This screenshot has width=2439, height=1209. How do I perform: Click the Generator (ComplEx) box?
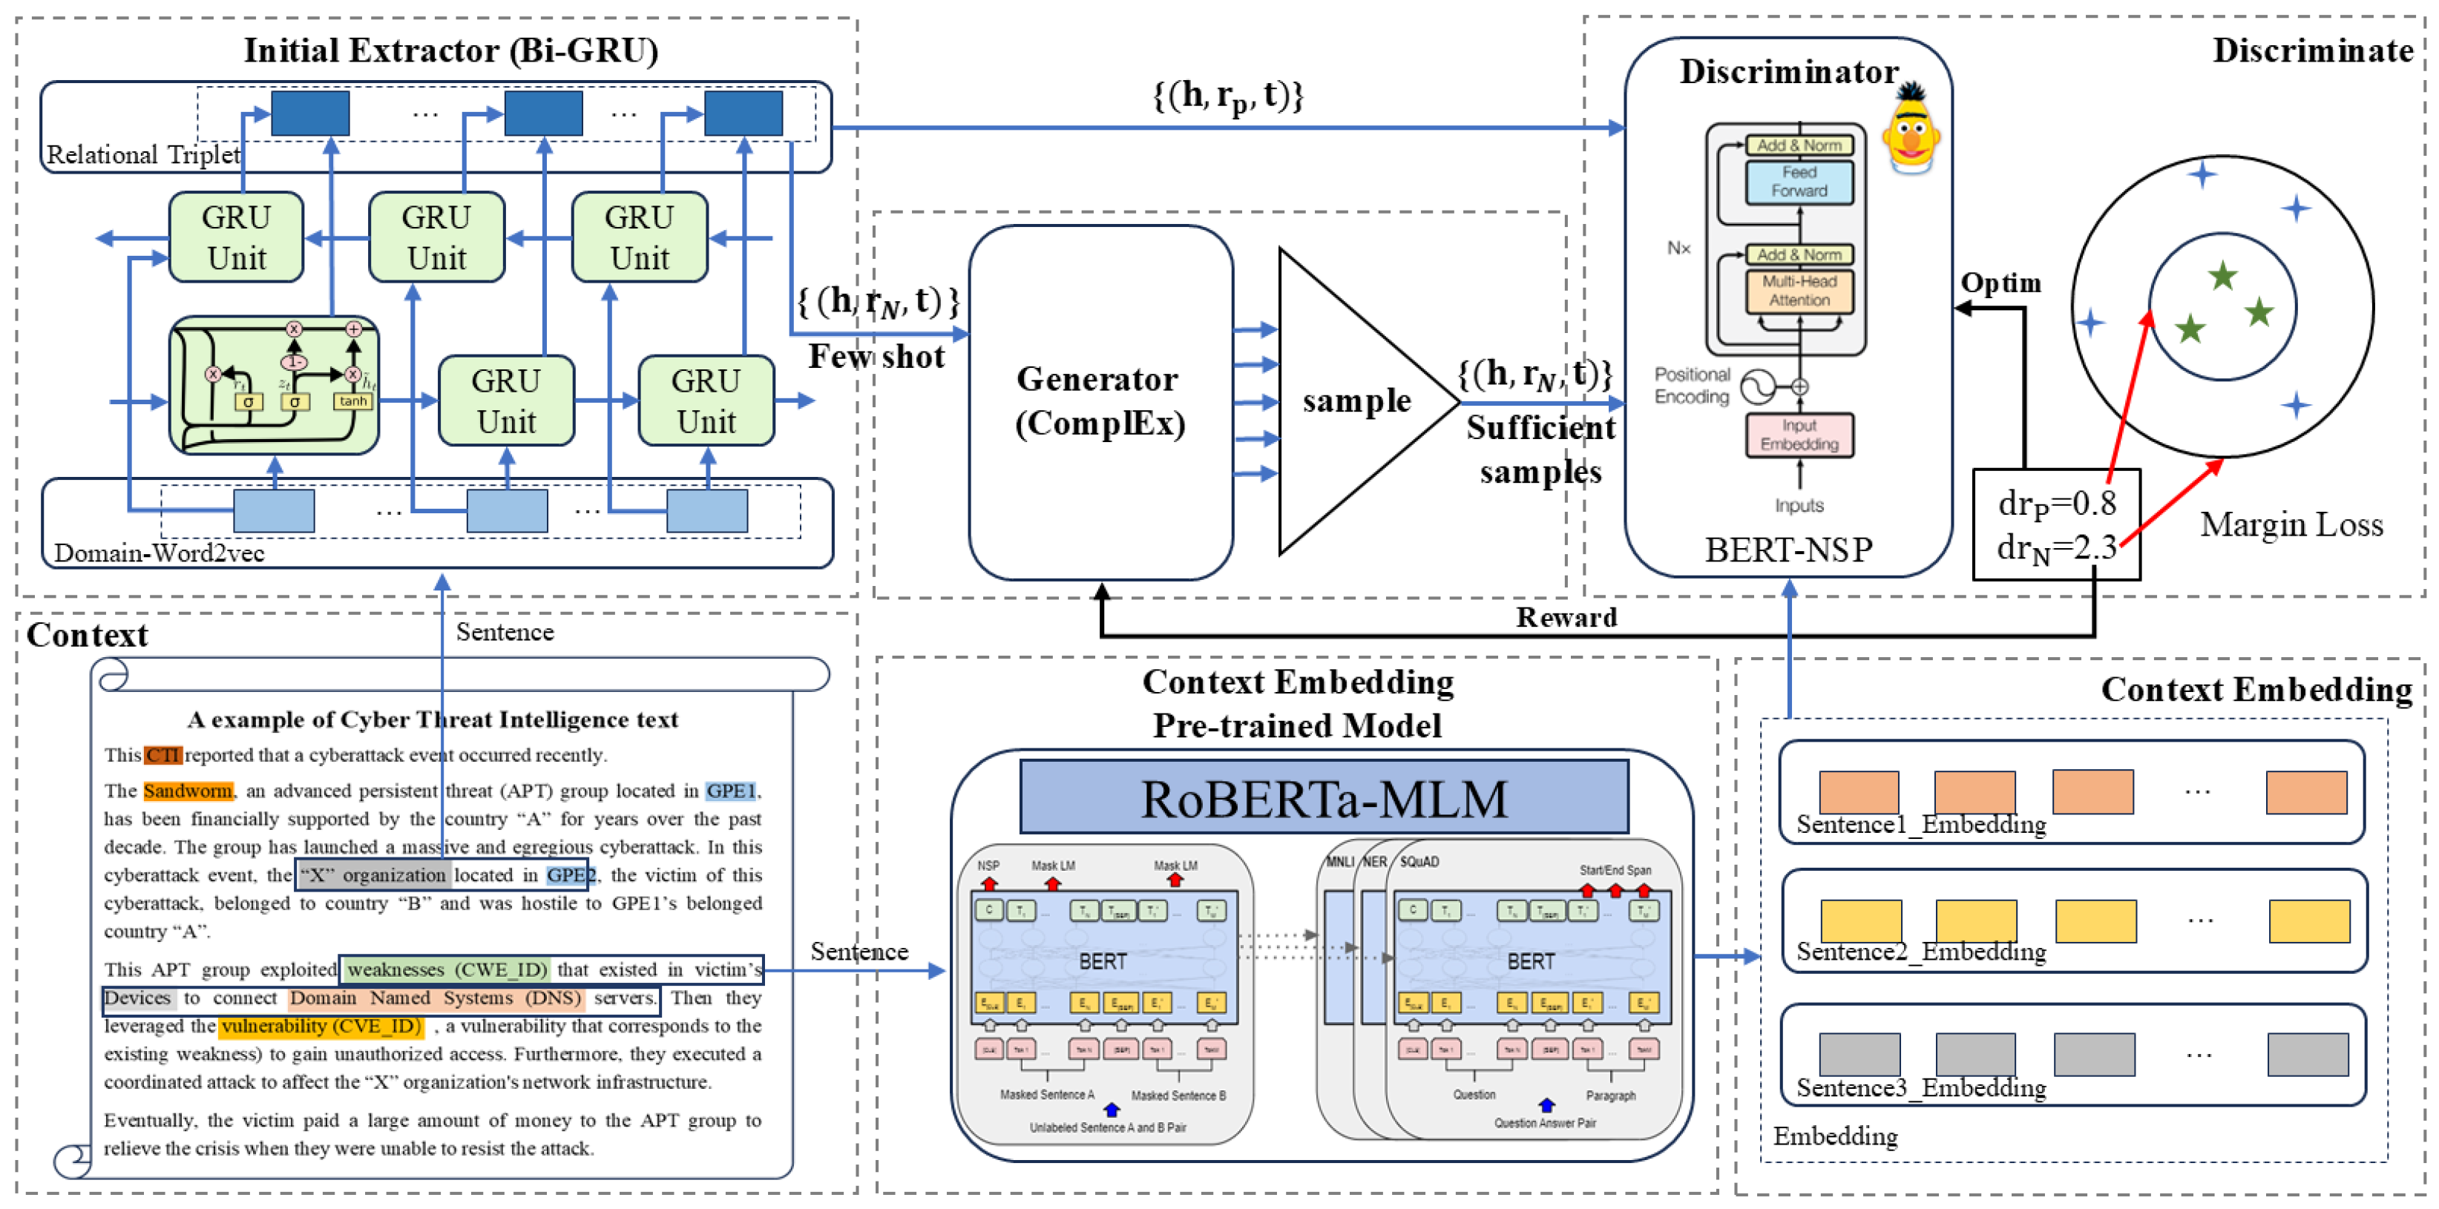(x=1100, y=401)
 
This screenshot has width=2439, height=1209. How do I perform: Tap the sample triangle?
(x=1354, y=401)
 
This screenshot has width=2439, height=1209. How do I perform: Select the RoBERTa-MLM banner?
(x=1323, y=797)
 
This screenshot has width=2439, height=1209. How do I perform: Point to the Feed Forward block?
(x=1799, y=182)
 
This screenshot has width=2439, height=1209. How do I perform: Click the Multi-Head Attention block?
(x=1799, y=291)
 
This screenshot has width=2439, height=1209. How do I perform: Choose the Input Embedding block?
(x=1799, y=435)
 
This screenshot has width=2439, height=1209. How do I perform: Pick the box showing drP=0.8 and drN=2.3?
(x=2055, y=524)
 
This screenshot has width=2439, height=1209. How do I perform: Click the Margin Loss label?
(x=2291, y=524)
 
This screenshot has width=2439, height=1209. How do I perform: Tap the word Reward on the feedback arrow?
(x=1566, y=617)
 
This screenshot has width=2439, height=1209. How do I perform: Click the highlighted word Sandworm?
(x=188, y=791)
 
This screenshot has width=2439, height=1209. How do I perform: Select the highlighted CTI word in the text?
(x=162, y=754)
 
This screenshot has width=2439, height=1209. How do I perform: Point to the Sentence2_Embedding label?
(x=1920, y=952)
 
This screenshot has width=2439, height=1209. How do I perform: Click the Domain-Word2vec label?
(x=159, y=553)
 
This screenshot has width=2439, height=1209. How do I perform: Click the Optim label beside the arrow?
(x=2000, y=283)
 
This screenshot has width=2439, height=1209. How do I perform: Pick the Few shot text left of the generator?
(x=876, y=357)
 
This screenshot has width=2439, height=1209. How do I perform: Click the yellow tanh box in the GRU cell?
(x=352, y=401)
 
